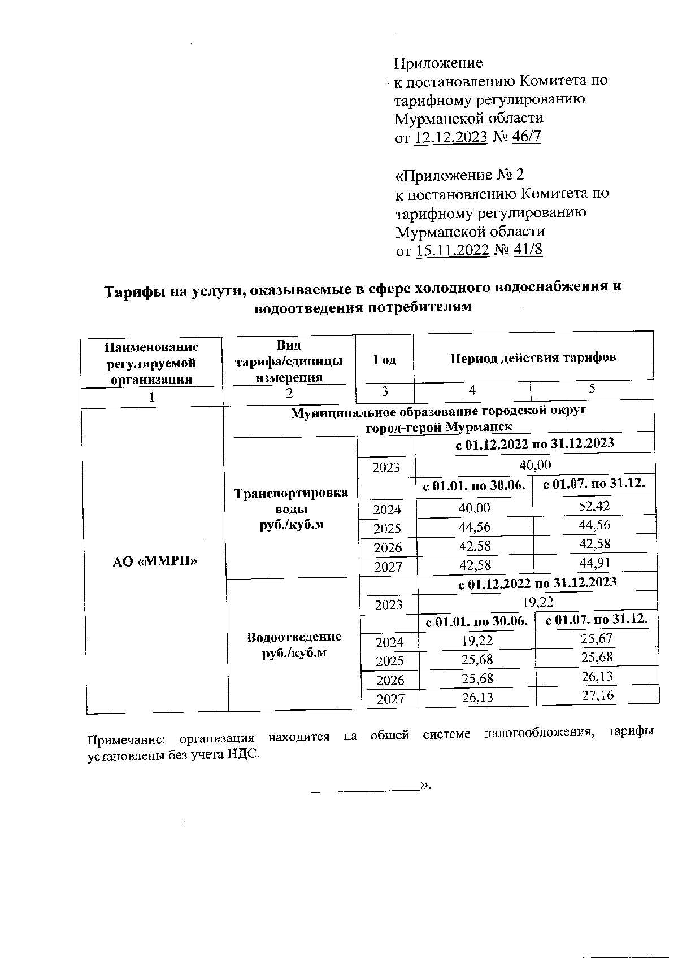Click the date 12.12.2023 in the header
(x=450, y=137)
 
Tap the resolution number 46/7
(x=526, y=137)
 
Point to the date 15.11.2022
(x=452, y=251)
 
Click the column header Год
(x=384, y=360)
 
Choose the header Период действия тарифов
(x=533, y=358)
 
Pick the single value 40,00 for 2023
(x=535, y=465)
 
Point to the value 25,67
(x=597, y=638)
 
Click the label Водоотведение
(x=294, y=637)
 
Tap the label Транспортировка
(x=291, y=493)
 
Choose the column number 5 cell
(x=592, y=389)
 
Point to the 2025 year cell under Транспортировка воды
(x=387, y=528)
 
